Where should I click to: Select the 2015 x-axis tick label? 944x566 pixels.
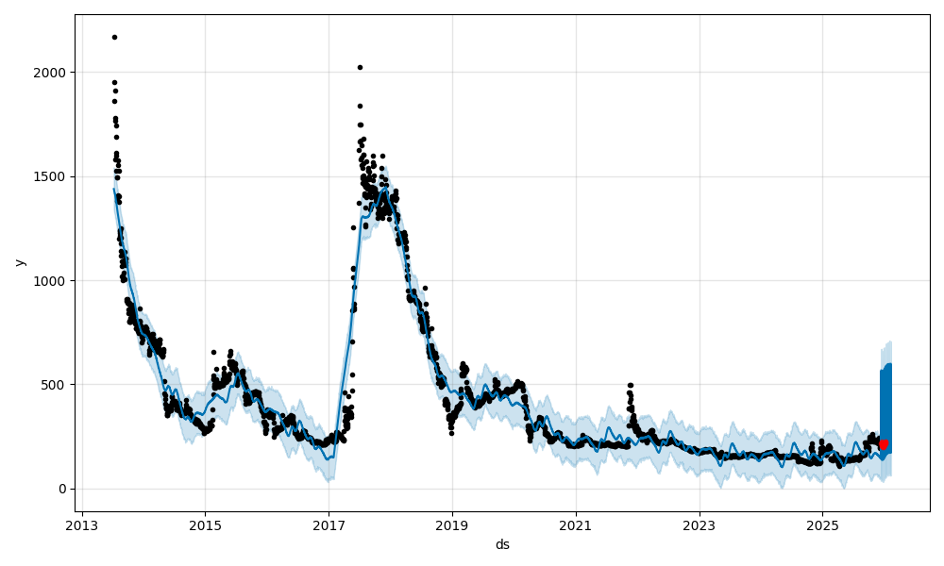pyautogui.click(x=205, y=524)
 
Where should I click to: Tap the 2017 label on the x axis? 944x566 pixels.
pyautogui.click(x=329, y=524)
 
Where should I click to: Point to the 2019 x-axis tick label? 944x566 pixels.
pyautogui.click(x=452, y=524)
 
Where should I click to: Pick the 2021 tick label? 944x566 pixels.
pyautogui.click(x=576, y=524)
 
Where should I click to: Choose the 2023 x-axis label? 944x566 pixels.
pyautogui.click(x=700, y=524)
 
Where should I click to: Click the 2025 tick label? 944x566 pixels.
pyautogui.click(x=822, y=524)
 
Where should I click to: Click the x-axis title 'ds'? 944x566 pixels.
pyautogui.click(x=502, y=544)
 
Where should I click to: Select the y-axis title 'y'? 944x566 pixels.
pyautogui.click(x=20, y=262)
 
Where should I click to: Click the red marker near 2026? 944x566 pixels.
pyautogui.click(x=884, y=444)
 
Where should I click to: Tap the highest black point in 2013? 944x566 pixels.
pyautogui.click(x=114, y=37)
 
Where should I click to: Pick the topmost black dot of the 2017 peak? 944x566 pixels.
pyautogui.click(x=360, y=67)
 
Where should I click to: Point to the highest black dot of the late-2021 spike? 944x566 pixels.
pyautogui.click(x=630, y=385)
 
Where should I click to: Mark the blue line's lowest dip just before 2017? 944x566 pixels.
pyautogui.click(x=329, y=459)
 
